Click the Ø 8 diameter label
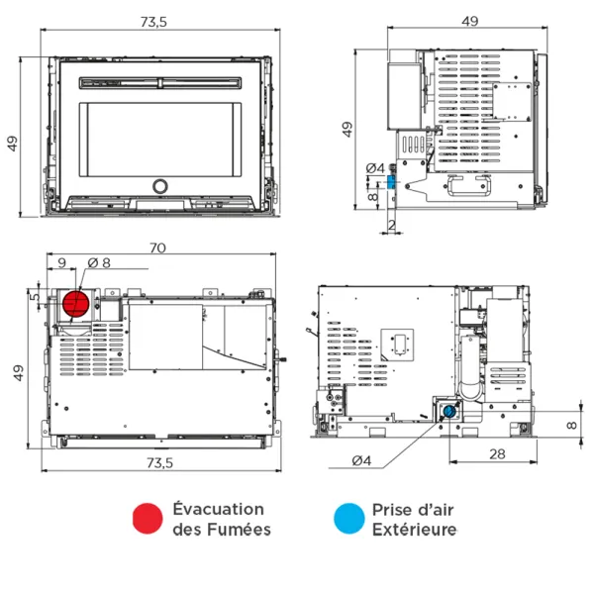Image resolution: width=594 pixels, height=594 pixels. tap(99, 262)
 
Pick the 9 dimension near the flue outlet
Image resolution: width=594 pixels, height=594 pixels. tap(61, 262)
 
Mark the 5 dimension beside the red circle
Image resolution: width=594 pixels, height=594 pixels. tap(34, 296)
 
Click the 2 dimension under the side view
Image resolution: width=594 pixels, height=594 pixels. tap(391, 227)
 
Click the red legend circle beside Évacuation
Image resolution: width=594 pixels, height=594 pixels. tap(148, 518)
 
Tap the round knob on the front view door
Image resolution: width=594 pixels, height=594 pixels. tap(159, 186)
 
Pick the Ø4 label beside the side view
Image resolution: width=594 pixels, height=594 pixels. tap(374, 168)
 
